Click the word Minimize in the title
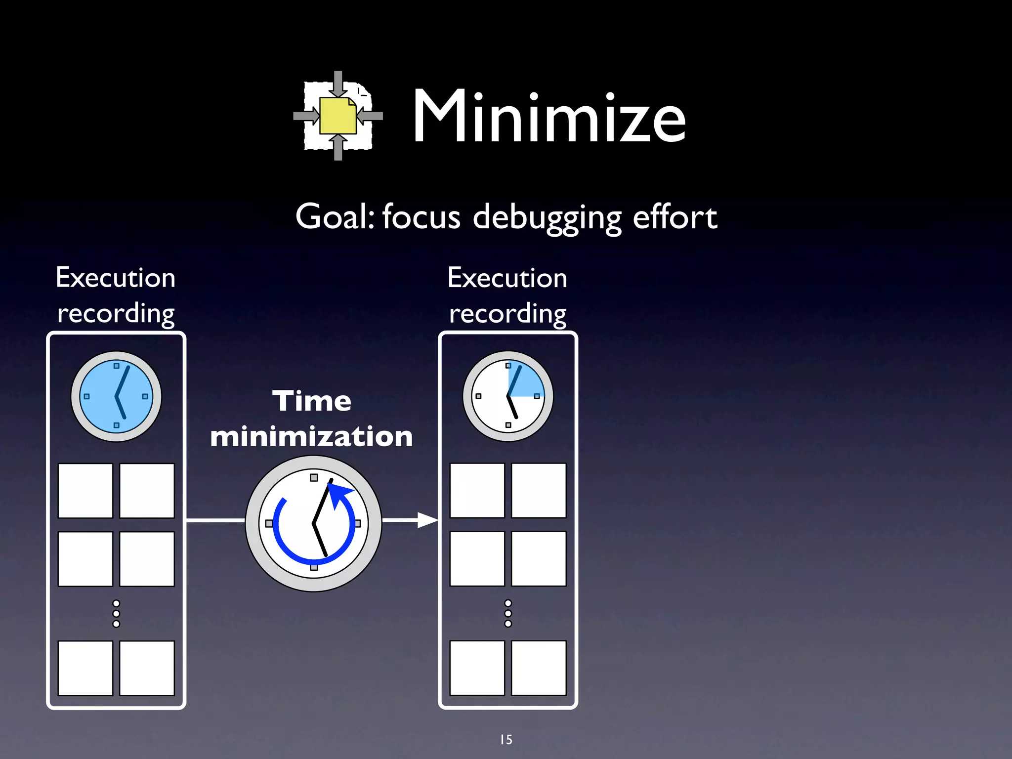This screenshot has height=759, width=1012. (x=549, y=117)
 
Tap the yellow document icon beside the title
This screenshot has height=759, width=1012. (x=337, y=116)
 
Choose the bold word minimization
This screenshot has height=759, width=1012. (x=311, y=437)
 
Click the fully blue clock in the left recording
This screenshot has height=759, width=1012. (x=116, y=396)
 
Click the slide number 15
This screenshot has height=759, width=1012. (x=506, y=740)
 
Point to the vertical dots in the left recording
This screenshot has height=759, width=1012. (x=116, y=614)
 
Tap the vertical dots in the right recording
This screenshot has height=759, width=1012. (x=508, y=614)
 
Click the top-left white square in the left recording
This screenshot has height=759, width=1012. (x=85, y=491)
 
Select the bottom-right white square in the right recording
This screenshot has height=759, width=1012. (x=539, y=668)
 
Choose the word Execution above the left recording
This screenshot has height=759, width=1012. (x=116, y=278)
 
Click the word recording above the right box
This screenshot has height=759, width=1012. (x=507, y=314)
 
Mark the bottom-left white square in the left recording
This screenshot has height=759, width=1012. (x=85, y=668)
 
